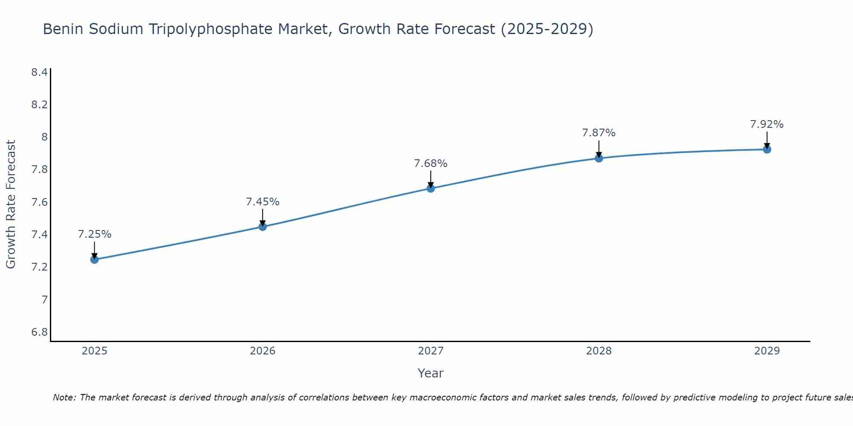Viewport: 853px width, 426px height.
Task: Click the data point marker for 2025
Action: pos(94,259)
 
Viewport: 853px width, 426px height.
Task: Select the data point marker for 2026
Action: pos(263,227)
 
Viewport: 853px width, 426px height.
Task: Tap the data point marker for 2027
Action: pos(431,188)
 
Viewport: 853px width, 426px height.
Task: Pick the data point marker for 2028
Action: pos(599,158)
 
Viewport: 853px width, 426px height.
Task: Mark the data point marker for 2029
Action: pos(767,150)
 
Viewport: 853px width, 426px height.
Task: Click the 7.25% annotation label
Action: pos(95,234)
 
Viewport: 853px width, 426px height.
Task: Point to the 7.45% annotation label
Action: pos(263,202)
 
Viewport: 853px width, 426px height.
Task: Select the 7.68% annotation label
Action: pos(431,164)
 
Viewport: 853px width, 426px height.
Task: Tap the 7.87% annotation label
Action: pos(599,133)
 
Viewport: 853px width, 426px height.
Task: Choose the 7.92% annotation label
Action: pos(767,124)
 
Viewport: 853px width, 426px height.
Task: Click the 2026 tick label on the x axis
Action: pos(263,351)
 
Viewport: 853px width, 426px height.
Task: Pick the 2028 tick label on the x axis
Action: pos(599,351)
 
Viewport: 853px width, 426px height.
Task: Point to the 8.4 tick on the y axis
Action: pos(39,72)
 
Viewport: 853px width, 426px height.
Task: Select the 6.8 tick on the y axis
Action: pos(39,332)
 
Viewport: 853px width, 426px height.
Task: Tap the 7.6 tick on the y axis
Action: pos(39,202)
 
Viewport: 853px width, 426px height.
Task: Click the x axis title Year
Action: pos(431,373)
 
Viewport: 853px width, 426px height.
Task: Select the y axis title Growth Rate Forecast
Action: pos(11,204)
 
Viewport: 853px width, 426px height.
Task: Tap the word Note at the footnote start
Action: pos(64,397)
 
